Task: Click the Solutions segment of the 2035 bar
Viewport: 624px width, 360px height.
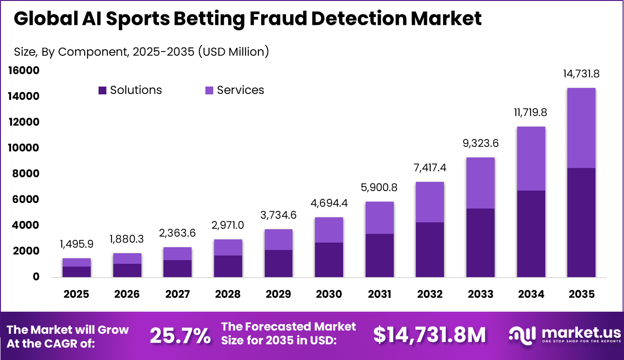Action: point(581,222)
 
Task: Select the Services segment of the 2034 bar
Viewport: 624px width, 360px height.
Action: point(531,158)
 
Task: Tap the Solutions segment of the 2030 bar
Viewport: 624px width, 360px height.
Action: point(329,260)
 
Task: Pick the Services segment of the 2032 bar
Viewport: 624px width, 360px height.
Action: point(430,202)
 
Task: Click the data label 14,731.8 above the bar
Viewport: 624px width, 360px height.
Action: point(581,74)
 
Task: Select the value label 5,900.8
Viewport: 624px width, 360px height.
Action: point(379,188)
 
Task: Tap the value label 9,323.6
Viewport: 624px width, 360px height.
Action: point(480,144)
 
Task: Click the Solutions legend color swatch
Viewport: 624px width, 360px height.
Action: point(102,90)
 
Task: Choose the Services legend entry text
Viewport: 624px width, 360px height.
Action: point(240,90)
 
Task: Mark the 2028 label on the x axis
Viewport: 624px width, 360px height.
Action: point(227,294)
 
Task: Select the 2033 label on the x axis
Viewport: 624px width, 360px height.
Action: point(480,294)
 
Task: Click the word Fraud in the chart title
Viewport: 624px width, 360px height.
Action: point(297,18)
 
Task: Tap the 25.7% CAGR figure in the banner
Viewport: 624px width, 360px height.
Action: point(180,336)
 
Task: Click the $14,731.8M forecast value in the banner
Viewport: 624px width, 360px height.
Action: point(429,336)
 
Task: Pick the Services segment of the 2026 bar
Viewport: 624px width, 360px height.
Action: point(127,258)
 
